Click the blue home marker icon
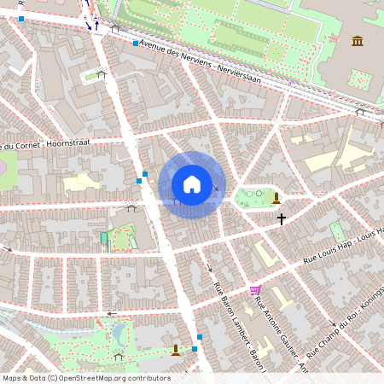point(192,184)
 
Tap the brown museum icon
point(358,41)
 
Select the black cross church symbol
point(281,219)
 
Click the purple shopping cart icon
point(255,291)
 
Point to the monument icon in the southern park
point(176,348)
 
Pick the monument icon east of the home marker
point(276,198)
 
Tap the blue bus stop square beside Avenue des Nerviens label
point(136,43)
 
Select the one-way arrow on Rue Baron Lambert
point(211,269)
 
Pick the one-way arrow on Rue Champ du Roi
point(332,323)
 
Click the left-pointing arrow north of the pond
point(110,313)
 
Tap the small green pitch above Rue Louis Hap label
point(337,231)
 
